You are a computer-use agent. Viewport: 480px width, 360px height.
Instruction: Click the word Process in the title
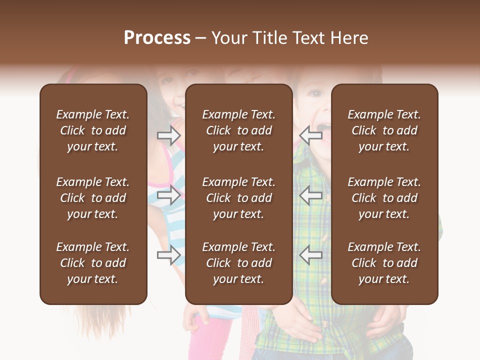[157, 38]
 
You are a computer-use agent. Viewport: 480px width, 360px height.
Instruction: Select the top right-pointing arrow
[169, 135]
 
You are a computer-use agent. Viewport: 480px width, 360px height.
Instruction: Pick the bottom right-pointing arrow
[169, 255]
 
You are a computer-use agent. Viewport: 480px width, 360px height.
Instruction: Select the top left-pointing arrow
[310, 135]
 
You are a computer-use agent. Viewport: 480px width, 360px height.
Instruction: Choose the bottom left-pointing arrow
[310, 255]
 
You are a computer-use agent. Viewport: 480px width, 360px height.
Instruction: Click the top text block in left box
[93, 130]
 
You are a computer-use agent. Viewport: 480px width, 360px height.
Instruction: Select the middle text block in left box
[93, 198]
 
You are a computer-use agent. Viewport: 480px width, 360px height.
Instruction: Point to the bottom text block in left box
[93, 263]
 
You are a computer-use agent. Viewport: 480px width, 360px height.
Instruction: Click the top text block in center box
[238, 130]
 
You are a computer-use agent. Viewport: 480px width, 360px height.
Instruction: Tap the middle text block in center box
[238, 198]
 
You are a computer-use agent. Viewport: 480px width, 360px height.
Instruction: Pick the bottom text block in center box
[238, 263]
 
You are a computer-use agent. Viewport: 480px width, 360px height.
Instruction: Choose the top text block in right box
[384, 130]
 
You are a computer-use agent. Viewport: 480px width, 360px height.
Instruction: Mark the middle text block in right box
[384, 198]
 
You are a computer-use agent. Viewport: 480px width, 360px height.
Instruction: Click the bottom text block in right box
[384, 263]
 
